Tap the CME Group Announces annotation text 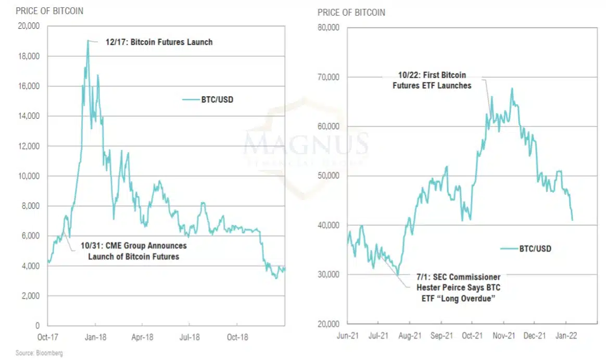(134, 251)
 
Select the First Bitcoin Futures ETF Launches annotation (432, 80)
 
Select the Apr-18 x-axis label (142, 337)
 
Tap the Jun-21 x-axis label (347, 337)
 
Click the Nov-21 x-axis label (503, 337)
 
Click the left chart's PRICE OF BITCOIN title (49, 11)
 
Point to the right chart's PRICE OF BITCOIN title (351, 12)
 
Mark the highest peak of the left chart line (87, 41)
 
